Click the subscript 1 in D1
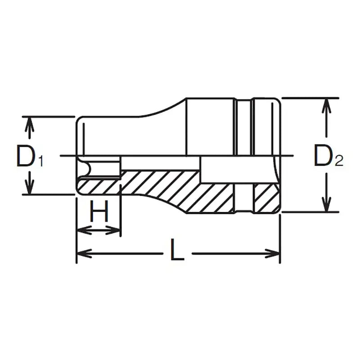pos(40,161)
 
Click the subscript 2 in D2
pos(338,161)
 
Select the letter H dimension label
pos(99,211)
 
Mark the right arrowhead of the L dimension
pos(274,254)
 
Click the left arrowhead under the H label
pos(81,230)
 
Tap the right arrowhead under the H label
pos(115,230)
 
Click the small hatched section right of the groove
pos(265,198)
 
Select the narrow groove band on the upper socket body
pos(243,126)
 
